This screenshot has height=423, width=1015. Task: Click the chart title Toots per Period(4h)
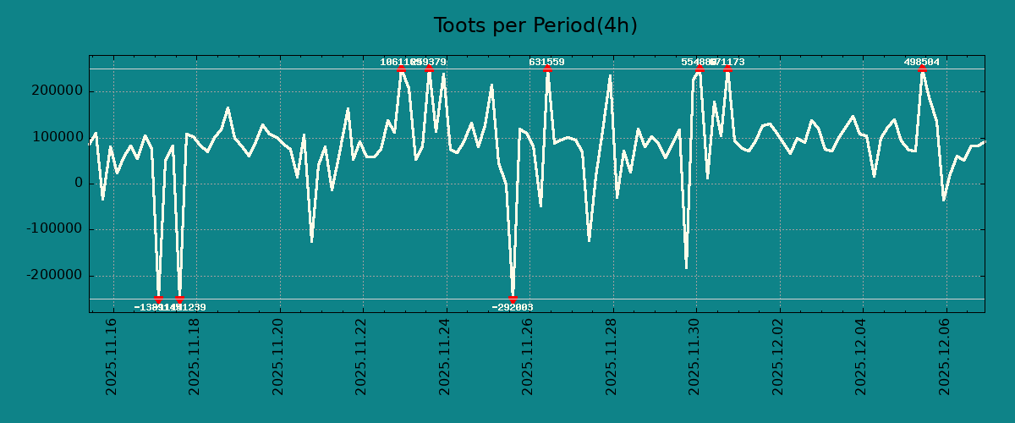pyautogui.click(x=535, y=25)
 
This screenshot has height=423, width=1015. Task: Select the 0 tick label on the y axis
pyautogui.click(x=79, y=184)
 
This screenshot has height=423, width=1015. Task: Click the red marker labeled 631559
pyautogui.click(x=547, y=69)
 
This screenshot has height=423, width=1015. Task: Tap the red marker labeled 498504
pyautogui.click(x=922, y=69)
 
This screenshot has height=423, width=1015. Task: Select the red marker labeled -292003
pyautogui.click(x=513, y=299)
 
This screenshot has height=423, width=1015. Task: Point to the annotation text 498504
pyautogui.click(x=922, y=62)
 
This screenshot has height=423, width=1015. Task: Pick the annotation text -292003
pyautogui.click(x=513, y=307)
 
